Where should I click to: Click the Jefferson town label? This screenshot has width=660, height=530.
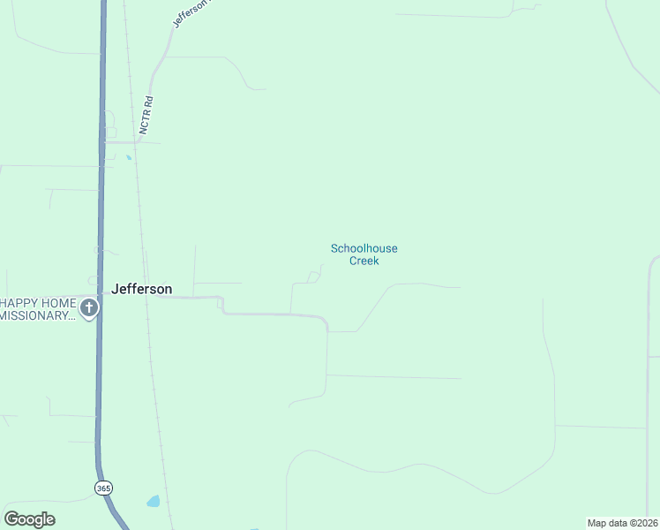pyautogui.click(x=141, y=289)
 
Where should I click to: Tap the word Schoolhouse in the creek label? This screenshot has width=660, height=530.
pyautogui.click(x=364, y=249)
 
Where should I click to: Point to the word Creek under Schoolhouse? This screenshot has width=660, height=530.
pyautogui.click(x=364, y=261)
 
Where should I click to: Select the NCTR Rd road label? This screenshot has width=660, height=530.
pyautogui.click(x=147, y=114)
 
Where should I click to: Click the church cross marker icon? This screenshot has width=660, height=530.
pyautogui.click(x=88, y=308)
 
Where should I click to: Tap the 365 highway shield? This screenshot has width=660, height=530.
pyautogui.click(x=103, y=488)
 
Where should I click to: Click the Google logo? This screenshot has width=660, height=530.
pyautogui.click(x=29, y=519)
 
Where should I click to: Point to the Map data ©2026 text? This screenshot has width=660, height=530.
pyautogui.click(x=622, y=523)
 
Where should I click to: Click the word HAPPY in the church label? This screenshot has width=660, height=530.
pyautogui.click(x=23, y=303)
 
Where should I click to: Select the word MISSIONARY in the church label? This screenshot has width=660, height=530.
pyautogui.click(x=35, y=316)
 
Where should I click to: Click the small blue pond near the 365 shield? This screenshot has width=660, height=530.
pyautogui.click(x=154, y=502)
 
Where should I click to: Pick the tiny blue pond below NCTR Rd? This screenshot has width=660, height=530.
pyautogui.click(x=129, y=157)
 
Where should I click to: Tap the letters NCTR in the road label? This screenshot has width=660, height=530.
pyautogui.click(x=146, y=120)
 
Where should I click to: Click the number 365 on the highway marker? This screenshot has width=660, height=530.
pyautogui.click(x=103, y=488)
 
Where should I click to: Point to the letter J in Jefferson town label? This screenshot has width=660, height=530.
pyautogui.click(x=116, y=289)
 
